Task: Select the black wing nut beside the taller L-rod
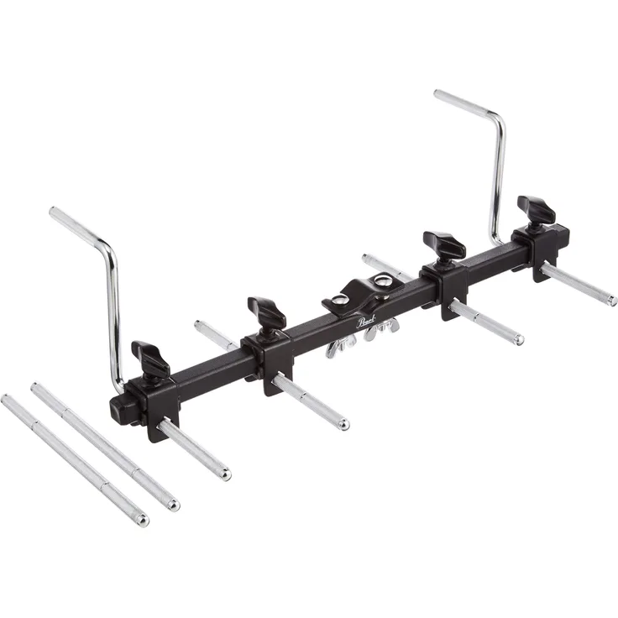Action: [536, 208]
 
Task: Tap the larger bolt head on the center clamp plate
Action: [383, 282]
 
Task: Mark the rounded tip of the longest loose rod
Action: [142, 520]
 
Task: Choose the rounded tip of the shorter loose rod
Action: [172, 505]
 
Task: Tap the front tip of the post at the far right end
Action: [611, 301]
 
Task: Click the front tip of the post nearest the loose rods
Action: [224, 474]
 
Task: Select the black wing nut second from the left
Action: [267, 312]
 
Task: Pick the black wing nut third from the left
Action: [445, 244]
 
